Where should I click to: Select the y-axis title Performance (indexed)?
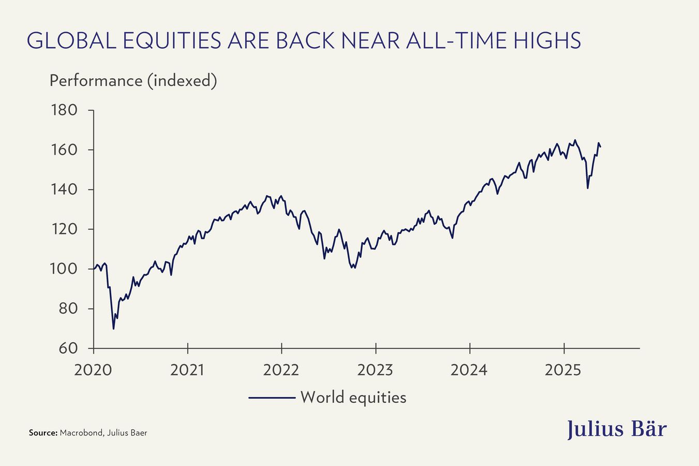133,81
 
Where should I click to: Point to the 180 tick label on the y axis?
64,110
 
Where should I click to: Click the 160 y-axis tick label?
64,150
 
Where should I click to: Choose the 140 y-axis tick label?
64,190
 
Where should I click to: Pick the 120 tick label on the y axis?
64,229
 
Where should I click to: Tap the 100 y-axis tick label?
64,269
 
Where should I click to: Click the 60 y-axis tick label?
68,348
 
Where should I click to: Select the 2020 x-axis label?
93,370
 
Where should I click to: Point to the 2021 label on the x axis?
187,370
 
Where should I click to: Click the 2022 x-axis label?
281,370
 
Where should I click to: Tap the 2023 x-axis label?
375,370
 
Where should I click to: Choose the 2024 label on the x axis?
469,370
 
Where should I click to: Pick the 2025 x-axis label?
563,370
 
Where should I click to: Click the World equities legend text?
353,397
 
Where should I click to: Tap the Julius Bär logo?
617,429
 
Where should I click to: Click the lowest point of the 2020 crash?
113,329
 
